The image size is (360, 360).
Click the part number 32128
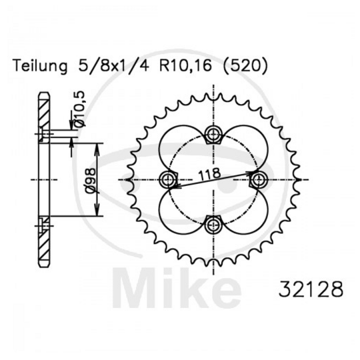pos(310,291)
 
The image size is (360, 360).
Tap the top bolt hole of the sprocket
pos(213,135)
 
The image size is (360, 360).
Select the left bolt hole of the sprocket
pos(169,179)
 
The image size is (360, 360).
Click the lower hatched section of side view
pos(45,240)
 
